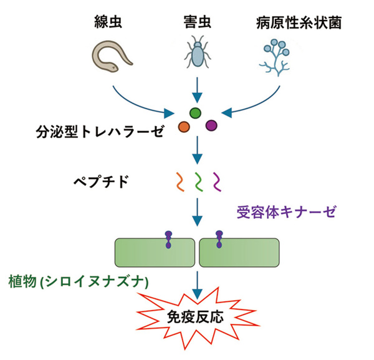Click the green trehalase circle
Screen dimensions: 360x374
(x=195, y=113)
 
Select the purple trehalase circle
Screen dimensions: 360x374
(x=211, y=126)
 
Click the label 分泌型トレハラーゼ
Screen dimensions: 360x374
(x=100, y=132)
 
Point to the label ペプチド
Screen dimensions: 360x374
(x=101, y=183)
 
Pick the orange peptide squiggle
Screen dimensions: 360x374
(x=178, y=182)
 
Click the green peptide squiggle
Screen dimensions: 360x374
(x=198, y=182)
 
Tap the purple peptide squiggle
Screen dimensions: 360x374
(x=218, y=182)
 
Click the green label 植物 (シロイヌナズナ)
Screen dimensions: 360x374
(x=78, y=281)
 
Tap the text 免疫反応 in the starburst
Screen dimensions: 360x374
(x=195, y=315)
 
